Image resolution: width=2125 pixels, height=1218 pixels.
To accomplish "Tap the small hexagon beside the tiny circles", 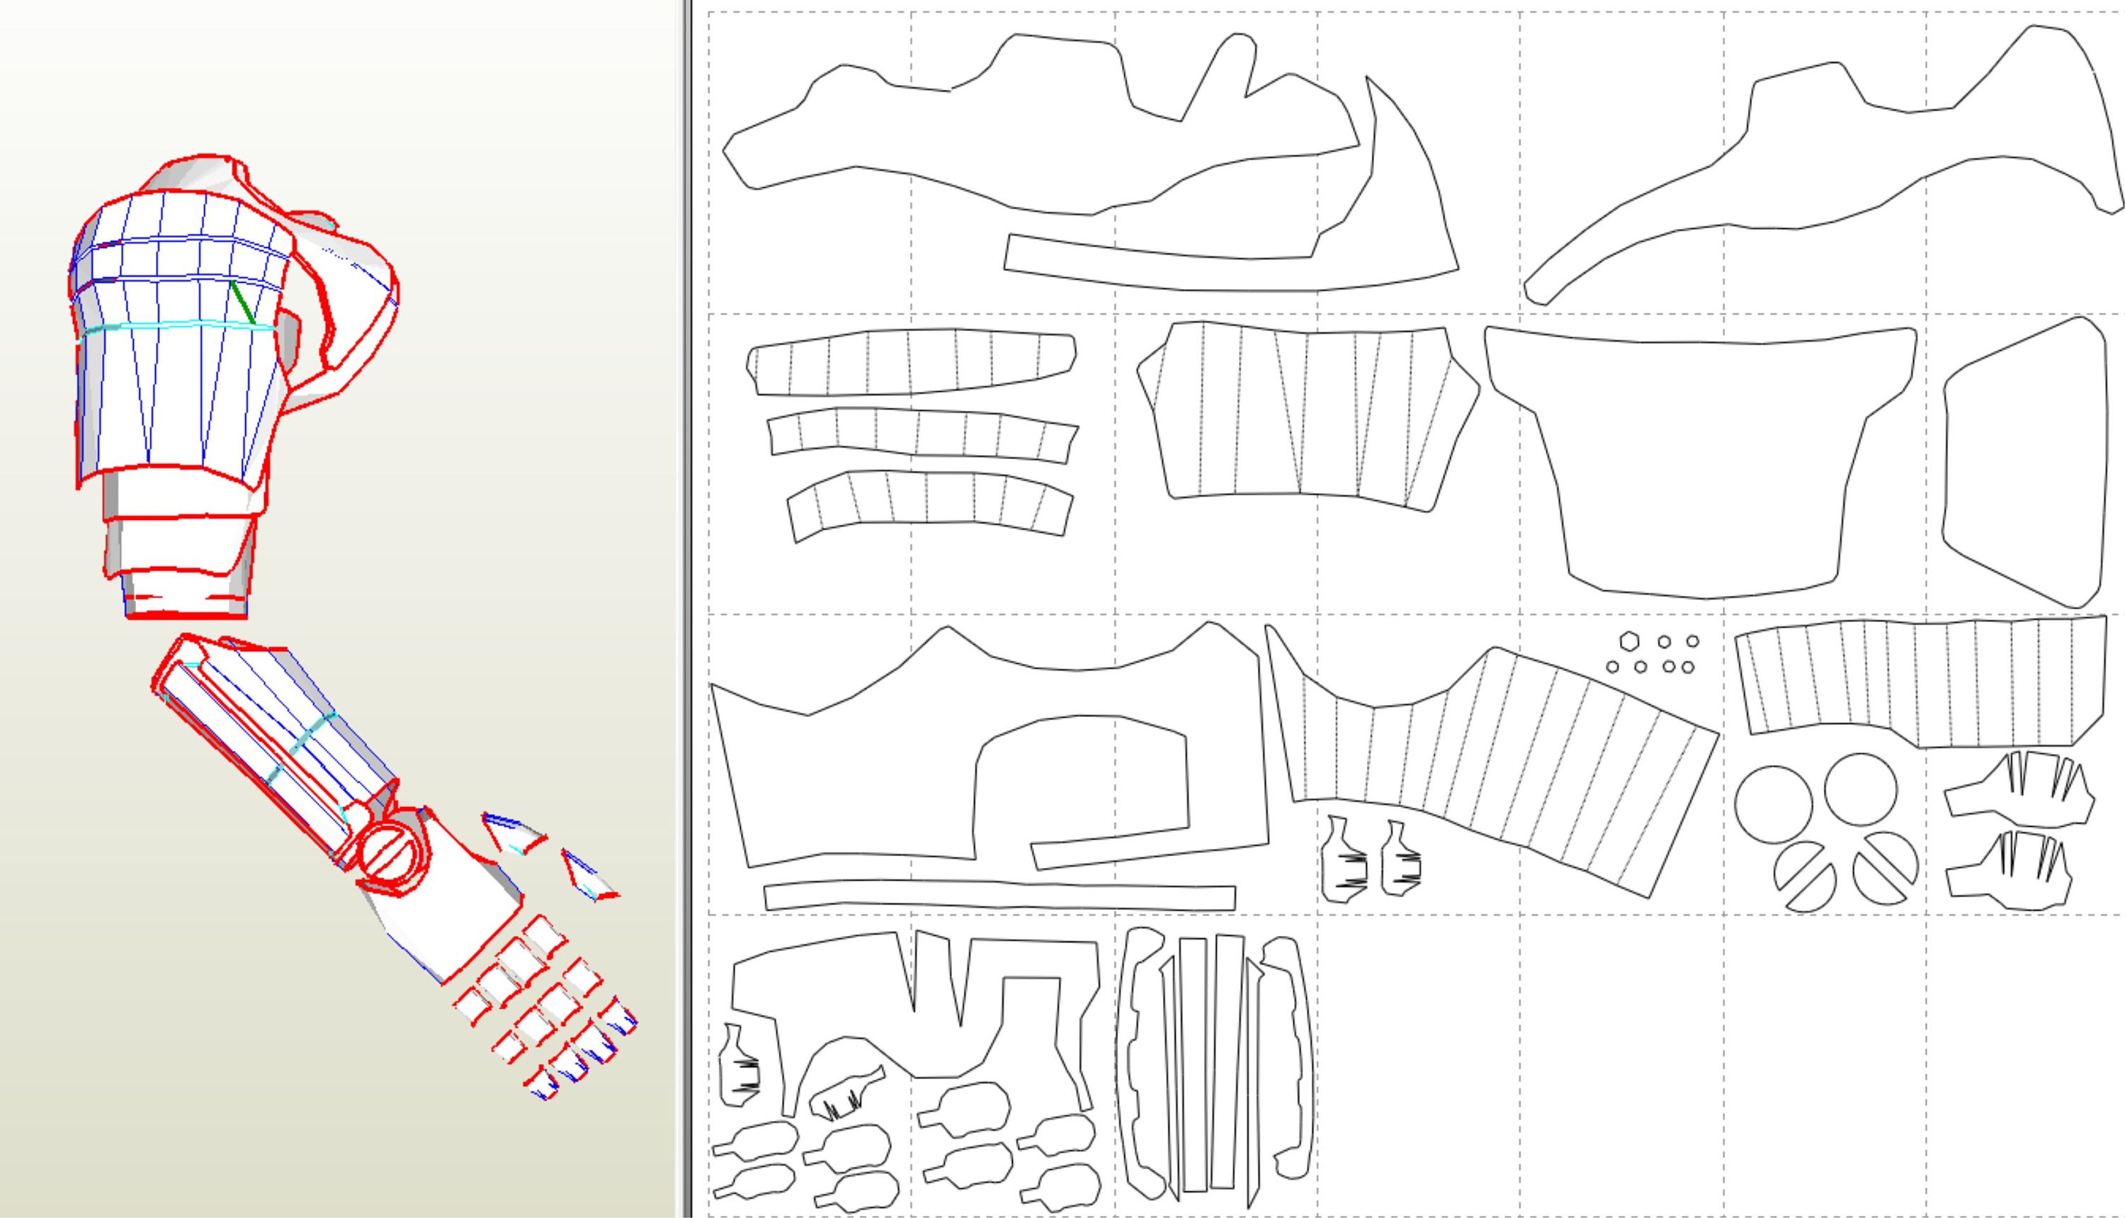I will (1628, 642).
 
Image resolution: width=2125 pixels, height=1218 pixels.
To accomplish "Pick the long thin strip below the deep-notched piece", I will (999, 896).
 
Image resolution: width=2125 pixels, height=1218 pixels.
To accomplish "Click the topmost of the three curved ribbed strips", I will (912, 362).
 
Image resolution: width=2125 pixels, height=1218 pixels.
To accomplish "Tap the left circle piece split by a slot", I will (1806, 876).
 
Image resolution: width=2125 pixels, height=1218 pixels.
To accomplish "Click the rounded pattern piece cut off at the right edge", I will (2024, 460).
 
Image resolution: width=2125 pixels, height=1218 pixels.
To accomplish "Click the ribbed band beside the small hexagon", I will (1923, 682).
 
